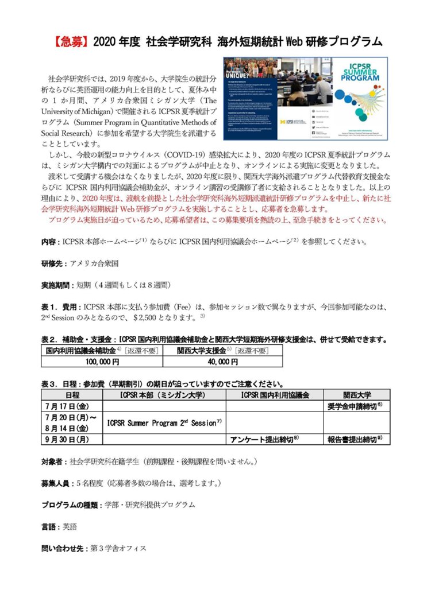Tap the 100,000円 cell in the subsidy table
(101, 362)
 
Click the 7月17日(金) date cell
(72, 406)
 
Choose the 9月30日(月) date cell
(72, 439)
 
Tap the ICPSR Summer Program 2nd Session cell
(164, 422)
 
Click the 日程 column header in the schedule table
(72, 395)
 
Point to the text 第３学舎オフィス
(118, 548)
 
